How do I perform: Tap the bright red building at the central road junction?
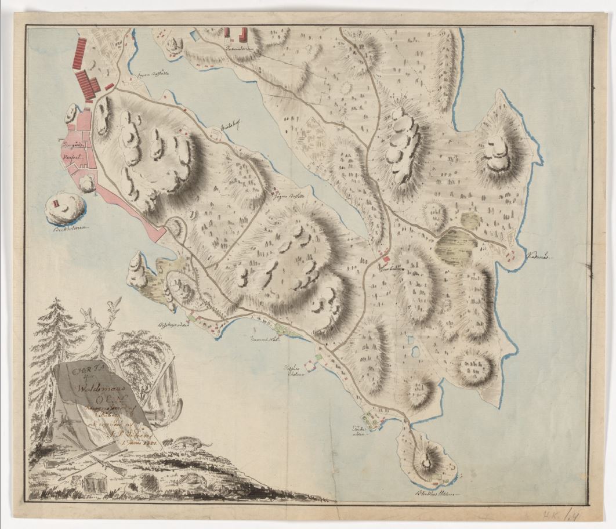point(386,258)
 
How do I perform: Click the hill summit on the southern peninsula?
point(427,462)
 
